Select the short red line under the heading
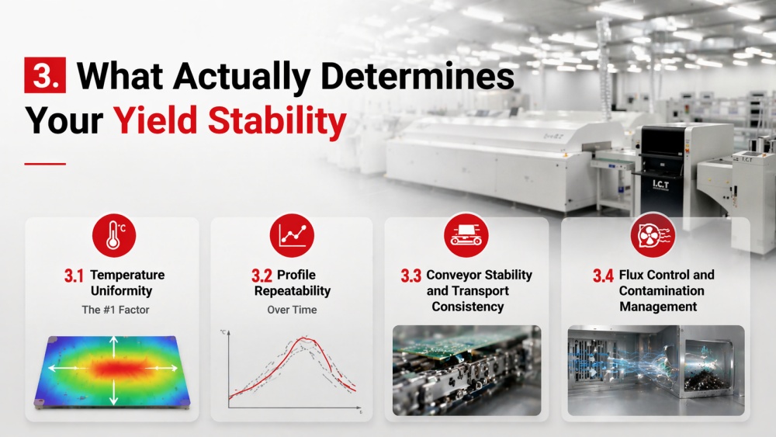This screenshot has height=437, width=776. tap(45, 164)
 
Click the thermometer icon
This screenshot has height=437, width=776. tap(113, 235)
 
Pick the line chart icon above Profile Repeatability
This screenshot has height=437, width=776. tap(292, 235)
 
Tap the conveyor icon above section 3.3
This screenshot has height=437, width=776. tap(467, 235)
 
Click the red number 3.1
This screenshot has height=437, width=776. tap(74, 276)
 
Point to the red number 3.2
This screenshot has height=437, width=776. tap(262, 276)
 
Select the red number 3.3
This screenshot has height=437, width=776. tap(411, 276)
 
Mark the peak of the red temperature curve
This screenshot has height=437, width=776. tap(306, 338)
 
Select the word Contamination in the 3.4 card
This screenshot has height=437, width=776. tap(661, 291)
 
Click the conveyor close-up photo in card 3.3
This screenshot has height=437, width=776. tap(466, 370)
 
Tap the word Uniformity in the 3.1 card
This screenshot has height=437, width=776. tap(113, 291)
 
